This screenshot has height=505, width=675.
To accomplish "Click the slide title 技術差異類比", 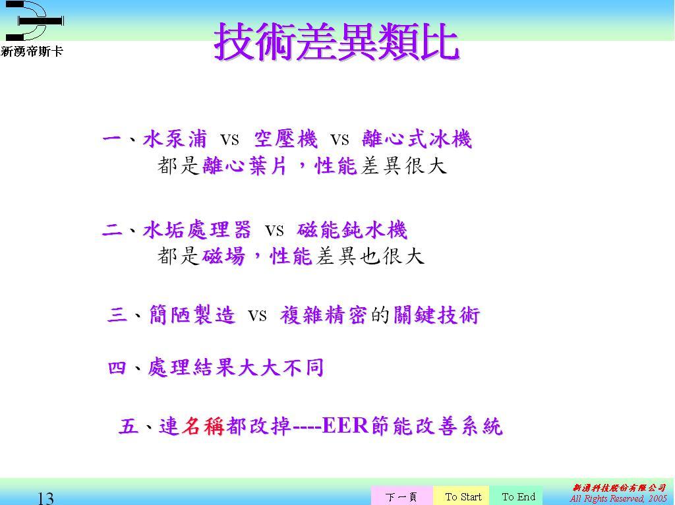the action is point(337,42).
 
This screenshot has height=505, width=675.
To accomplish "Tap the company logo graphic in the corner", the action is point(34,20).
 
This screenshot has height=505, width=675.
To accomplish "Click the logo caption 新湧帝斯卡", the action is point(32,51).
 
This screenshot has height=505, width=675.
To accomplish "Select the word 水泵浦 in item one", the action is point(175,139).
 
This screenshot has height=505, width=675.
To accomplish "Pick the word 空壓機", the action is point(286,139).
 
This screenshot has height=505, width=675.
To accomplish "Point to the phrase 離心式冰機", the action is point(417,139).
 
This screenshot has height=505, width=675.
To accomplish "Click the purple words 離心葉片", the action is point(245,165).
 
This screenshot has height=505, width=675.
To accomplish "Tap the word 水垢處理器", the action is point(196,229).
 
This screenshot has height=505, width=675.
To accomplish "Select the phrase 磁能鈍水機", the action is point(352,229).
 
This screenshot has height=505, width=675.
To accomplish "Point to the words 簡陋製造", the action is point(192,314).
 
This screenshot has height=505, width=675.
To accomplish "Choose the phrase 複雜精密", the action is point(323,314).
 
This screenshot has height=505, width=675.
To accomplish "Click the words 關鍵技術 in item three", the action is point(436,314).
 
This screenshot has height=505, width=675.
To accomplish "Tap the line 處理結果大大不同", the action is point(235,368).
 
